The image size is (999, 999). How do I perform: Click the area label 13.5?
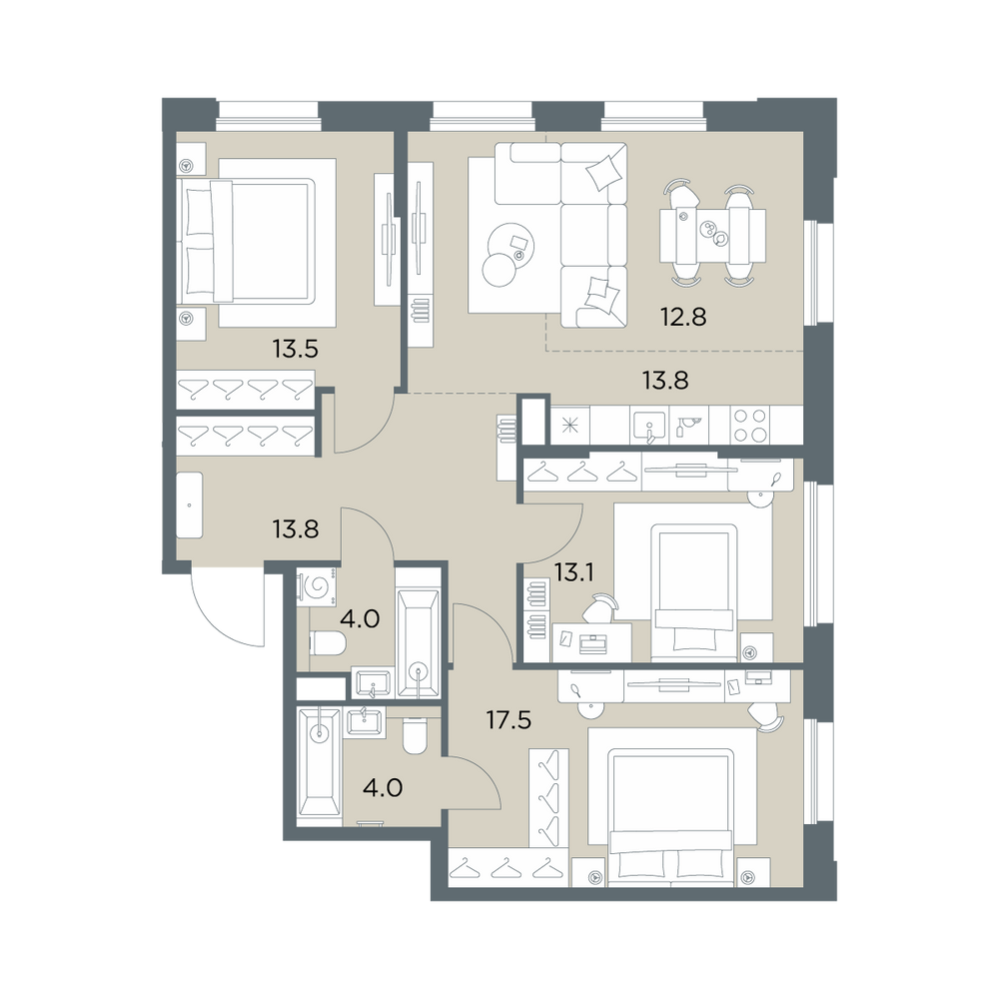click(295, 349)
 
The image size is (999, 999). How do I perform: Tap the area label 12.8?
click(683, 317)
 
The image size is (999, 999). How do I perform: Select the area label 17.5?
click(508, 720)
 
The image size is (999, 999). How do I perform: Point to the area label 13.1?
click(574, 573)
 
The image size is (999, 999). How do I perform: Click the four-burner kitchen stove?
click(750, 425)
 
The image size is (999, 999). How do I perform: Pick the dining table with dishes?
click(712, 235)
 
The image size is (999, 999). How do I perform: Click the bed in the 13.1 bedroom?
click(694, 587)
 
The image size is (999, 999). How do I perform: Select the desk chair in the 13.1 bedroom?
click(599, 606)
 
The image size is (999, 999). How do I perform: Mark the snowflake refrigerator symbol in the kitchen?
click(570, 426)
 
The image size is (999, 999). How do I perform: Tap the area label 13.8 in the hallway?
click(296, 528)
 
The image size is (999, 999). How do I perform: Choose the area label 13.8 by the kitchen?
click(665, 381)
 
